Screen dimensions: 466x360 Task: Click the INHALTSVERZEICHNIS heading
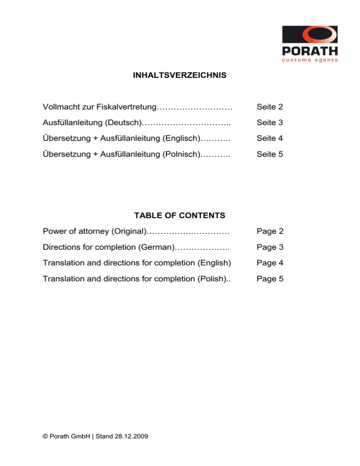[x=180, y=75]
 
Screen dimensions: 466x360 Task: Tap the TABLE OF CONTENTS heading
[x=180, y=216]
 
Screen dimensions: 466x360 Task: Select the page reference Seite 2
[x=270, y=107]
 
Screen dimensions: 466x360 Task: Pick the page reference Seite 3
[x=270, y=123]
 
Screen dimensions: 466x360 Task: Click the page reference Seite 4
[x=270, y=138]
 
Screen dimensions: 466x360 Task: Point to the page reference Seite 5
[x=270, y=154]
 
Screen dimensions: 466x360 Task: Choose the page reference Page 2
[x=270, y=232]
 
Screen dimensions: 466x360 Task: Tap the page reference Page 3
[x=270, y=247]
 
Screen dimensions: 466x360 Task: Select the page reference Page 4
[x=270, y=263]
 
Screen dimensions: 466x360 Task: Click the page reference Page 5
[x=270, y=279]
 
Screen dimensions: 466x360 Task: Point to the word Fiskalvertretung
[x=126, y=107]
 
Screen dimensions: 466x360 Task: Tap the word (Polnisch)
[x=180, y=154]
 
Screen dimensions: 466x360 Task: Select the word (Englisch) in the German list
[x=180, y=138]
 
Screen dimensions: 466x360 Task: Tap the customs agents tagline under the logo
[x=310, y=60]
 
